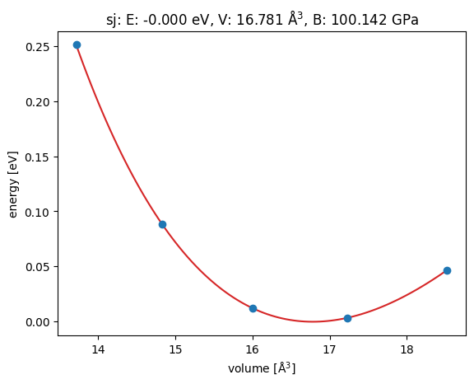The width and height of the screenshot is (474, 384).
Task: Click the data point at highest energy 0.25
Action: pos(77,44)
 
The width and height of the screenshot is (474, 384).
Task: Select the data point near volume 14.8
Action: pos(162,224)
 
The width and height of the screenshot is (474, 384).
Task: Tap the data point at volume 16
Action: pos(253,308)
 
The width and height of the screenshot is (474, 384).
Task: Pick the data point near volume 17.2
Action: pos(347,318)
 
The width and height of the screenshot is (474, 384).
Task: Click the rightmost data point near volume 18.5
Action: pos(447,270)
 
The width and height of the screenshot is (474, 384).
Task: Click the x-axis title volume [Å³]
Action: pos(262,368)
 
